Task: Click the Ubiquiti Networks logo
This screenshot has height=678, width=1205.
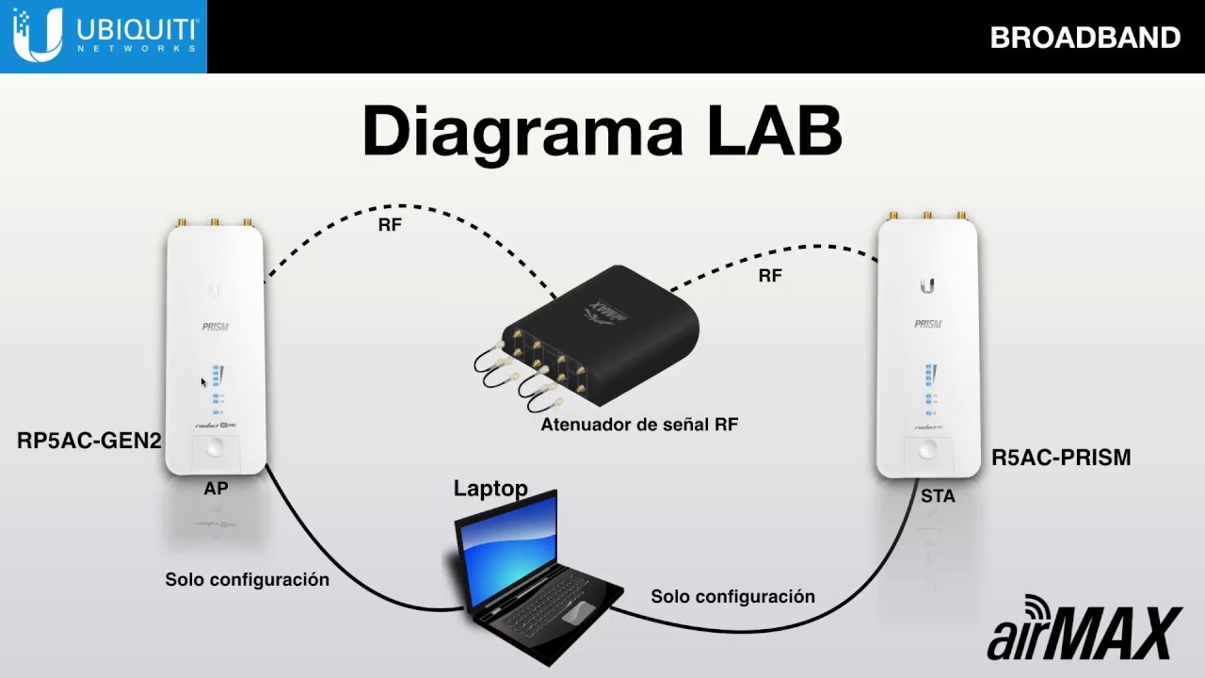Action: tap(104, 36)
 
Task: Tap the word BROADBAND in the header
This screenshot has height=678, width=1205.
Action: tap(1084, 38)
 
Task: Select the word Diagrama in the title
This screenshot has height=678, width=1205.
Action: tap(522, 134)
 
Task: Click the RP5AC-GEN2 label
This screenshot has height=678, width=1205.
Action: tap(89, 441)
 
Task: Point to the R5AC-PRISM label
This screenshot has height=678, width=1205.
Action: tap(1061, 459)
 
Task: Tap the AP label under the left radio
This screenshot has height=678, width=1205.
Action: tap(216, 489)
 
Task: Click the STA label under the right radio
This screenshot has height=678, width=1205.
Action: tap(938, 496)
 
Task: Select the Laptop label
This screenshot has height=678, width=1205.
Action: tap(490, 488)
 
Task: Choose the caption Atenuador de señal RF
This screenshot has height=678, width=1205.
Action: tap(639, 425)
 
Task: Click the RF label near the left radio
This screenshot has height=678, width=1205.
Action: tap(390, 225)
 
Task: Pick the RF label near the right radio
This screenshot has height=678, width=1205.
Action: tap(770, 276)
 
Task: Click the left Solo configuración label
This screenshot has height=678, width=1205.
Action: tap(247, 580)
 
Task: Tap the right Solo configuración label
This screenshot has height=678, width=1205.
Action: tap(732, 597)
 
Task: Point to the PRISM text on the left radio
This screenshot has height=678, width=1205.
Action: tap(215, 327)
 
